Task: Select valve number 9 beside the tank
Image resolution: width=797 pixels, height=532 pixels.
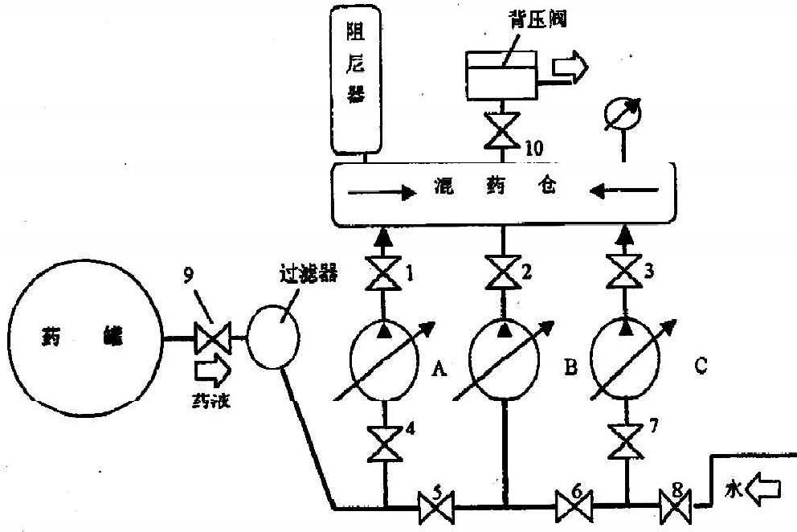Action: [x=211, y=338]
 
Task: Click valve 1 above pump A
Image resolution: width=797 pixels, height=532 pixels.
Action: [x=383, y=273]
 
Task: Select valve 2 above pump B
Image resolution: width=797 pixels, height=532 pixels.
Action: [x=504, y=274]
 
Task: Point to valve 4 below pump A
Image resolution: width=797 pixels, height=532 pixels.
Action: [x=383, y=444]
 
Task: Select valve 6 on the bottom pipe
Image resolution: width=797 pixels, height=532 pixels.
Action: [x=574, y=506]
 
